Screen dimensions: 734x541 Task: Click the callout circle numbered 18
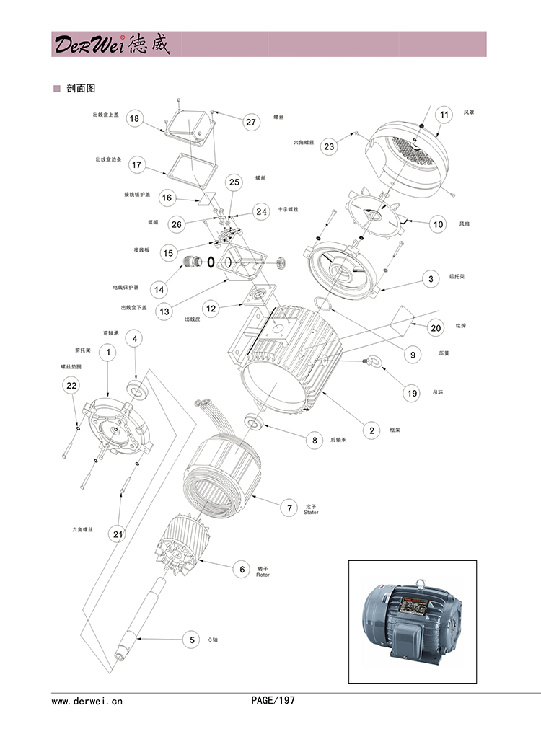point(135,118)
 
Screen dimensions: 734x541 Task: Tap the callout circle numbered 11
point(444,114)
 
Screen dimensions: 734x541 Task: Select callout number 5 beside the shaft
point(192,639)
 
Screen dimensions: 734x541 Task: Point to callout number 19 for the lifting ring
point(412,393)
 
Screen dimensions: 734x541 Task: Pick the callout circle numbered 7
point(289,508)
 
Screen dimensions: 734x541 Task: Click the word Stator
point(312,513)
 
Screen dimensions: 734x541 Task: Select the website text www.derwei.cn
point(87,700)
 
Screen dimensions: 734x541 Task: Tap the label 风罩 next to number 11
point(468,112)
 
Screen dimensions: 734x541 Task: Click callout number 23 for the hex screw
point(330,146)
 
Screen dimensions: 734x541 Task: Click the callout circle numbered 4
point(136,337)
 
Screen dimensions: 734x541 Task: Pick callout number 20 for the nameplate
point(436,328)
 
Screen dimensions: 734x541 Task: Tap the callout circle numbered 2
point(372,431)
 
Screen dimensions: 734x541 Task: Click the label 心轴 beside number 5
point(212,639)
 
